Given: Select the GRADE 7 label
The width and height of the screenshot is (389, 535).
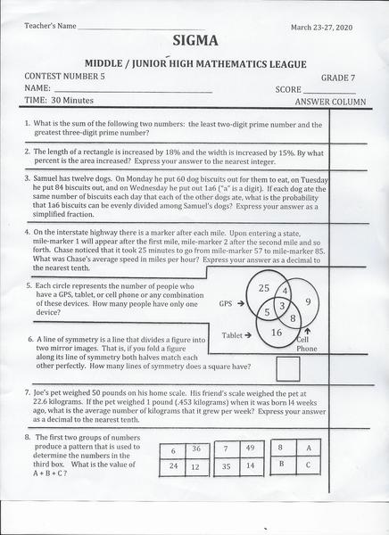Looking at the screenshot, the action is [336, 78].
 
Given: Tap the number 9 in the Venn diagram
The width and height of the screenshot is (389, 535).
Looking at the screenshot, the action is [307, 303].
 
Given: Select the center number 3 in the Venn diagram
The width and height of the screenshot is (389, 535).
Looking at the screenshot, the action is [281, 307].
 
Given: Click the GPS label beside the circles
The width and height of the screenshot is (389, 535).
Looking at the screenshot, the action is [228, 303].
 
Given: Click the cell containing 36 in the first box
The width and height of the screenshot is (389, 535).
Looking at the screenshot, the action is [195, 449].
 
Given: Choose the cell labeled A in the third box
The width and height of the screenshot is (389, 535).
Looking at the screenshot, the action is [308, 448].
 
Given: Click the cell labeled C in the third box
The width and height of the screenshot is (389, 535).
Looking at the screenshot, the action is [308, 465].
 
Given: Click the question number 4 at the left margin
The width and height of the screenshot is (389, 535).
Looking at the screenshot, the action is [28, 231].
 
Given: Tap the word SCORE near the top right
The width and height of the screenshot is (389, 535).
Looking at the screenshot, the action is [289, 90].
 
